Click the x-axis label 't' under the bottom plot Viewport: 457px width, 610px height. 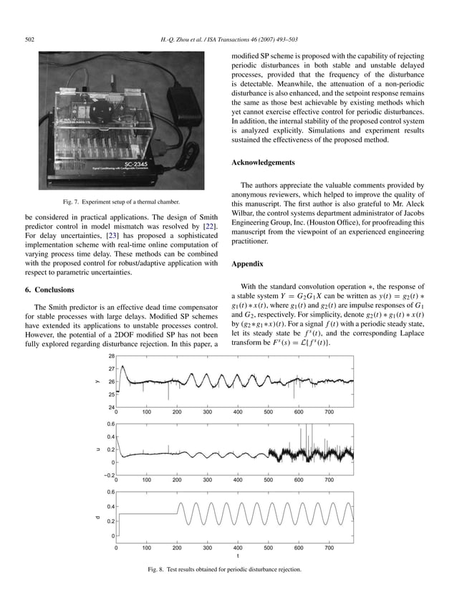coord(238,556)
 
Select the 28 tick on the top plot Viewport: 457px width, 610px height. coord(112,356)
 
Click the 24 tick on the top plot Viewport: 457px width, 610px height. coord(112,407)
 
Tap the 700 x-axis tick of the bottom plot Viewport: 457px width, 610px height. coord(329,548)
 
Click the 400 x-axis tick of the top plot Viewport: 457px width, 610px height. coord(238,413)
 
